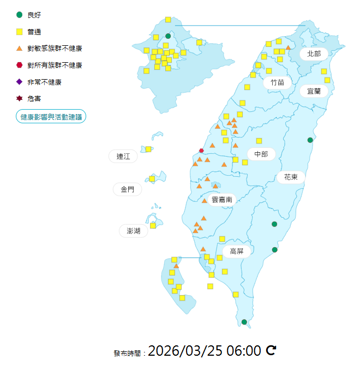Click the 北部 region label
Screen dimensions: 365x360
tap(314, 53)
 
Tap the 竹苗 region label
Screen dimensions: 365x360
tap(277, 82)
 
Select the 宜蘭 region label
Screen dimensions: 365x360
tap(314, 91)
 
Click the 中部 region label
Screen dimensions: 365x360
tap(261, 154)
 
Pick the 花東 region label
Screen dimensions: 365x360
tap(291, 177)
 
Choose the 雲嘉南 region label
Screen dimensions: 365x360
tap(222, 200)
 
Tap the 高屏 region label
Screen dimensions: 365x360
tap(237, 252)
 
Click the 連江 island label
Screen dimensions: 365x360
tap(123, 157)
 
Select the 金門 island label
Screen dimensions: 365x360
tap(127, 190)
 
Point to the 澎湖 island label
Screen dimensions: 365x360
tap(134, 231)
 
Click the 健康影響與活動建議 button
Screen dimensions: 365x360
tap(51, 117)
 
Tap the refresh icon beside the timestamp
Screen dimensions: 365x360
tap(271, 350)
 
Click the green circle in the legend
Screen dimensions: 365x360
tap(20, 15)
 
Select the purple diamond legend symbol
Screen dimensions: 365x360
tap(20, 82)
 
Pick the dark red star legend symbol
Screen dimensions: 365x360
tap(20, 98)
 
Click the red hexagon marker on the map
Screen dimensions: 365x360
tap(201, 151)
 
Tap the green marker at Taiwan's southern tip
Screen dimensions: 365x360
tap(244, 322)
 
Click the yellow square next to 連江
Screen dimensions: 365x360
tap(148, 149)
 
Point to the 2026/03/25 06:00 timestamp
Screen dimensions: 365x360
tap(204, 350)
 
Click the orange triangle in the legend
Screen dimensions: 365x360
tap(20, 49)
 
